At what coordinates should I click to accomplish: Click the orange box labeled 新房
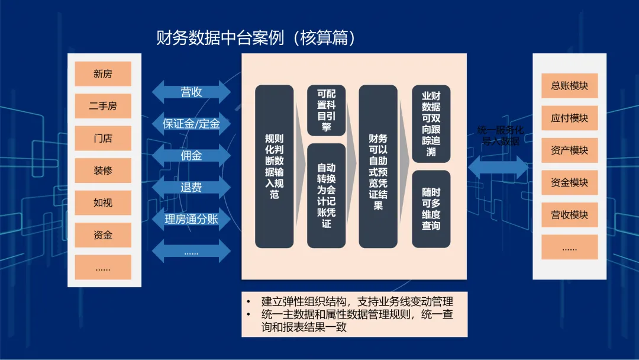pyautogui.click(x=103, y=74)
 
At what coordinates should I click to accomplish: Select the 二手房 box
pyautogui.click(x=103, y=106)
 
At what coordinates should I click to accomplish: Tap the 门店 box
pyautogui.click(x=103, y=138)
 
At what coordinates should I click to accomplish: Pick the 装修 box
pyautogui.click(x=103, y=171)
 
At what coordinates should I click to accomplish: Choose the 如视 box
pyautogui.click(x=103, y=202)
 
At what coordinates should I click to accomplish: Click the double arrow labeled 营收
pyautogui.click(x=191, y=92)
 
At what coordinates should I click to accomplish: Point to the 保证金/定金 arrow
pyautogui.click(x=191, y=124)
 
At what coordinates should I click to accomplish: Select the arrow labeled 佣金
pyautogui.click(x=191, y=155)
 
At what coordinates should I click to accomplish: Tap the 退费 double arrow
pyautogui.click(x=191, y=187)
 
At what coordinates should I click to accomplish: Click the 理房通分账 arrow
pyautogui.click(x=191, y=219)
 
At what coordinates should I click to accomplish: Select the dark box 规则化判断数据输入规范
pyautogui.click(x=275, y=166)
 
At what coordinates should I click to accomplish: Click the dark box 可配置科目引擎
pyautogui.click(x=327, y=110)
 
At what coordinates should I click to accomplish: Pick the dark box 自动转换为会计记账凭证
pyautogui.click(x=327, y=196)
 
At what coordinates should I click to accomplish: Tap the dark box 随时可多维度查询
pyautogui.click(x=431, y=209)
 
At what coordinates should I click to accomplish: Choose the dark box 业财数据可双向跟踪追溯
pyautogui.click(x=431, y=124)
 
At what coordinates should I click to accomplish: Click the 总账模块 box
pyautogui.click(x=569, y=86)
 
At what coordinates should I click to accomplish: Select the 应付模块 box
pyautogui.click(x=569, y=118)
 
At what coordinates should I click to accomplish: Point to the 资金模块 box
pyautogui.click(x=569, y=182)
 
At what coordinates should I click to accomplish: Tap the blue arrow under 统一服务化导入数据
pyautogui.click(x=498, y=167)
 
